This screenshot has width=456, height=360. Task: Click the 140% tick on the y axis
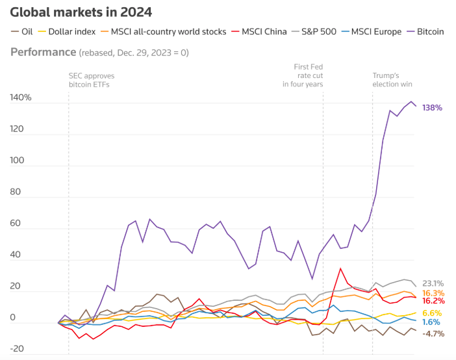coord(21,98)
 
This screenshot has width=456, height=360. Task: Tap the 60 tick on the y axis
coord(17,224)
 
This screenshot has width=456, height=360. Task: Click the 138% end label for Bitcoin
coord(432,107)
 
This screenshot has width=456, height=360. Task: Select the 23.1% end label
coord(433,283)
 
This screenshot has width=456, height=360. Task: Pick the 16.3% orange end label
coord(433,293)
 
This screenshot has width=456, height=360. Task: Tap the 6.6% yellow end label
coord(433,313)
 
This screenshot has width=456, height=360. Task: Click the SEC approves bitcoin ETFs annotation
coord(92,80)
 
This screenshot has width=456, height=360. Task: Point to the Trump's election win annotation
coord(392,80)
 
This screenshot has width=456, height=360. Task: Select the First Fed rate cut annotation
coord(303,75)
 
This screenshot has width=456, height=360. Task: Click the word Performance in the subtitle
coord(42,51)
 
